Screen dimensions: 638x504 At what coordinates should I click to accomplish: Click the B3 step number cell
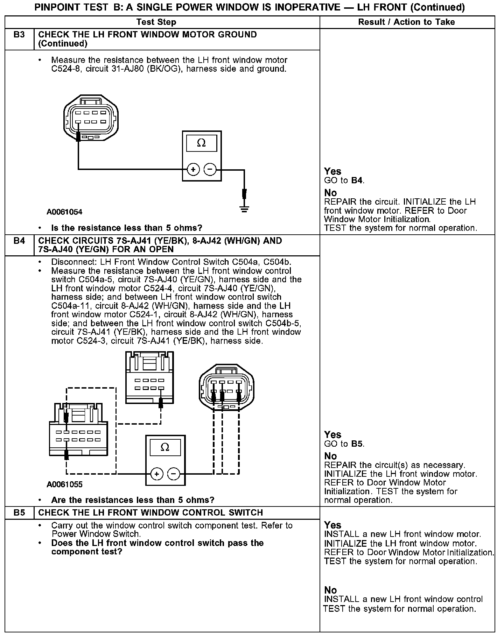coord(19,35)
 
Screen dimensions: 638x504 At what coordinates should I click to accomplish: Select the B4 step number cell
coord(19,241)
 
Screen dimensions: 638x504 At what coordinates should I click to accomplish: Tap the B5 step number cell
coord(19,513)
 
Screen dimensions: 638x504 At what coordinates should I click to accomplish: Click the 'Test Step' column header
coord(156,22)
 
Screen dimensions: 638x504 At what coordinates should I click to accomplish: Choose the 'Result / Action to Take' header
coord(406,22)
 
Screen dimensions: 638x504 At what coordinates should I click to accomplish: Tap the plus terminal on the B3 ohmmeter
coord(193,170)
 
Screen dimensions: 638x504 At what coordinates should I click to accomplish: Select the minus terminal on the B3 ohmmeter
coord(210,170)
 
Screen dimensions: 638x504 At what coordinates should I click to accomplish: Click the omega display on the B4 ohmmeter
coord(165,448)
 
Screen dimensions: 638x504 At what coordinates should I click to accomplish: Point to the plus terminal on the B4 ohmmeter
coord(156,474)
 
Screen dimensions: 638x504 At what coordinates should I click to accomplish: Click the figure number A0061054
coord(64,212)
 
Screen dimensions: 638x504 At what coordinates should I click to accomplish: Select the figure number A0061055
coord(64,484)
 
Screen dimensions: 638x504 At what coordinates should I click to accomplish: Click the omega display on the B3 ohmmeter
coord(202,143)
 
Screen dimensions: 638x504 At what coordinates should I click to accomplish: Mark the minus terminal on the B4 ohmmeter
coord(174,474)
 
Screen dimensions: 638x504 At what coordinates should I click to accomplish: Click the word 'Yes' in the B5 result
coord(332,525)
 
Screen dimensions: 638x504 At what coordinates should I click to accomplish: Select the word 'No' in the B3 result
coord(330,193)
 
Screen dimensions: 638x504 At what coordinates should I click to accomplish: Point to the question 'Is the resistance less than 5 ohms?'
coord(127,228)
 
